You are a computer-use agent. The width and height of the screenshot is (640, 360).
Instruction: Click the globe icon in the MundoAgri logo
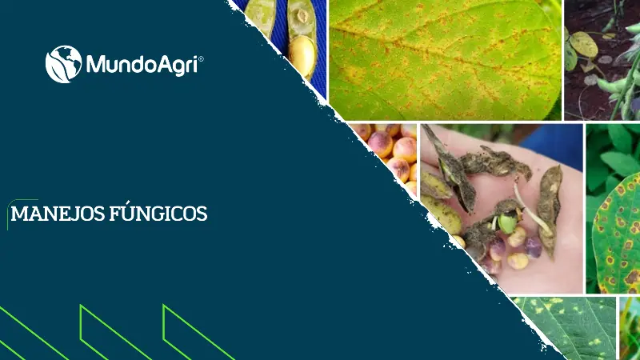point(63,64)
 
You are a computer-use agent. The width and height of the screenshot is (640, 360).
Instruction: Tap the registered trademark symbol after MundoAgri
point(201,58)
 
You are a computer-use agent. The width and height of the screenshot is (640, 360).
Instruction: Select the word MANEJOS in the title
point(54,214)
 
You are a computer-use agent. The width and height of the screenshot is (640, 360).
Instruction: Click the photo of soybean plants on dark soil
point(602,60)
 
